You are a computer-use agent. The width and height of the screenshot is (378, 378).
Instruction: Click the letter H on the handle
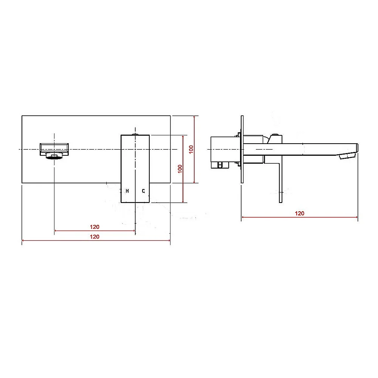pyautogui.click(x=127, y=191)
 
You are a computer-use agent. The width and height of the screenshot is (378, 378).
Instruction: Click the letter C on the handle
pyautogui.click(x=143, y=191)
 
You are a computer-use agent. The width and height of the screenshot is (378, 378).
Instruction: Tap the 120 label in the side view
pyautogui.click(x=299, y=213)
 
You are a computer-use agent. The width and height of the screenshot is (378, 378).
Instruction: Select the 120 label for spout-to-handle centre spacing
pyautogui.click(x=94, y=227)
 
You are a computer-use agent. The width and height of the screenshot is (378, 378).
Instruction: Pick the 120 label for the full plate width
pyautogui.click(x=94, y=237)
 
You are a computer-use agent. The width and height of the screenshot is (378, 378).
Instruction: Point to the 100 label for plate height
pyautogui.click(x=191, y=149)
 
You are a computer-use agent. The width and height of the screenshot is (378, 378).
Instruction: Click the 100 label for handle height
pyautogui.click(x=180, y=169)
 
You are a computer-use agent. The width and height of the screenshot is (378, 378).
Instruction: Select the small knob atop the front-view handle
pyautogui.click(x=135, y=134)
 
